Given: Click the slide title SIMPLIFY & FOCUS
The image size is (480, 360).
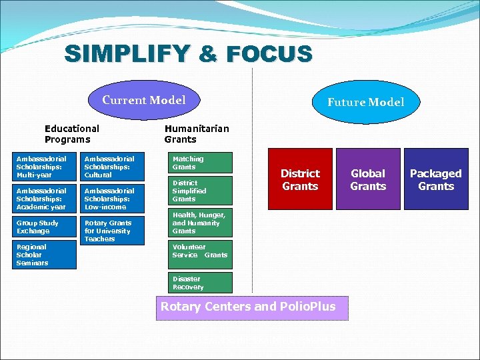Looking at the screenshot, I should tap(188, 53).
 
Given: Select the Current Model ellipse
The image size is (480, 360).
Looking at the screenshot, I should tap(144, 101).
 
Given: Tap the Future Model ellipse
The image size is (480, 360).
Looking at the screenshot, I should tap(365, 102).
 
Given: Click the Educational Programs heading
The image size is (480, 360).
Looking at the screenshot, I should tap(72, 133).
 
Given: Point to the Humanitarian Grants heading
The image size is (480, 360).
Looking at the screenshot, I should tap(196, 133).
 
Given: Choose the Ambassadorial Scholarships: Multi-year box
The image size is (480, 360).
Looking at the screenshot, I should tap(45, 167).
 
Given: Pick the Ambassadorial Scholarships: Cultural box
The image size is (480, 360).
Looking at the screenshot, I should tap(112, 167).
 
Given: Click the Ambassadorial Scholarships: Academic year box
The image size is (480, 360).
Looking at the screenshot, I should tap(45, 199).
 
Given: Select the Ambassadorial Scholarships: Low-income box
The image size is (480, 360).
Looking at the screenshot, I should tap(112, 199).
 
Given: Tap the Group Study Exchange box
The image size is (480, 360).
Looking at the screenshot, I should tap(45, 227).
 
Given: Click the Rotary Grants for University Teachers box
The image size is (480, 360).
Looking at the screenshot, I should tap(112, 231).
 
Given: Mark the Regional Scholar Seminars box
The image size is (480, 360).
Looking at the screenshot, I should tap(45, 255).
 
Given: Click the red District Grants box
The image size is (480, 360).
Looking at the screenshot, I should tap(300, 179).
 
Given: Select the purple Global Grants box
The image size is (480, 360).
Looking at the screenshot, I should tap(368, 179).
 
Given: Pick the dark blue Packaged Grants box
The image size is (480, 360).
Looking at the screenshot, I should tap(435, 179).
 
